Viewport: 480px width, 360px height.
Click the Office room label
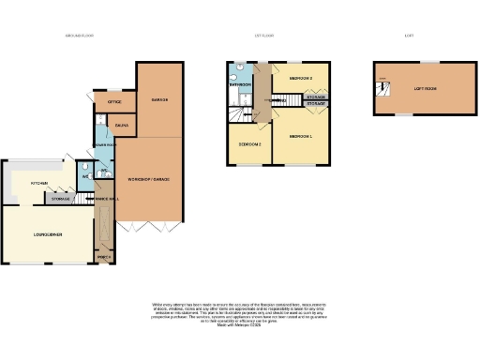(x=114, y=101)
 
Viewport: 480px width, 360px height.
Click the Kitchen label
(x=39, y=184)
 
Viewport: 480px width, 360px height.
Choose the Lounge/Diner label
(x=47, y=233)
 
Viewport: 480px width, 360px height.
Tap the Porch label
(x=103, y=255)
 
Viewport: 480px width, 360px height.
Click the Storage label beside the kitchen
(x=61, y=199)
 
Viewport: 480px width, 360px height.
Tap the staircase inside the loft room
(x=381, y=90)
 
